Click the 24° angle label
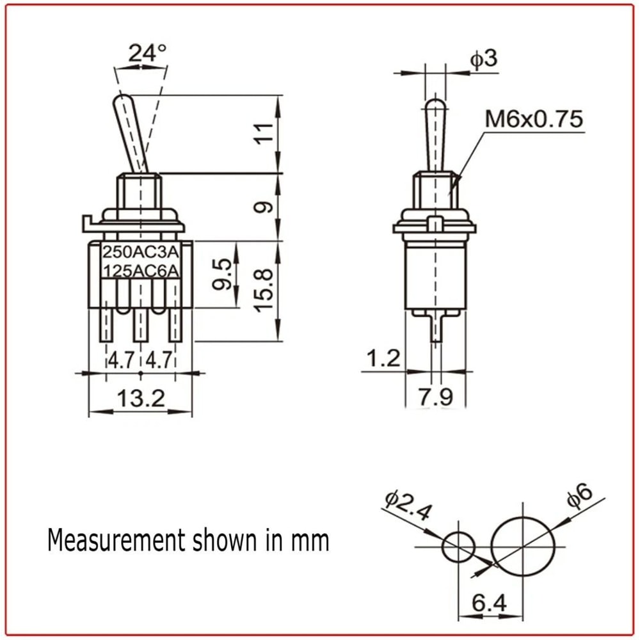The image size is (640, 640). pos(147,53)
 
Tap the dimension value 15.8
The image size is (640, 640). pos(267,290)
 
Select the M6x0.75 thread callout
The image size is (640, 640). pos(533,118)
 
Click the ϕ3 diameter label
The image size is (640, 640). pos(484,60)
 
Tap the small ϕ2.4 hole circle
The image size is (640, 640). pos(458,547)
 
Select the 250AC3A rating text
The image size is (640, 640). pos(141,252)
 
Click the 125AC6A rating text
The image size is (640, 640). pos(141,270)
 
